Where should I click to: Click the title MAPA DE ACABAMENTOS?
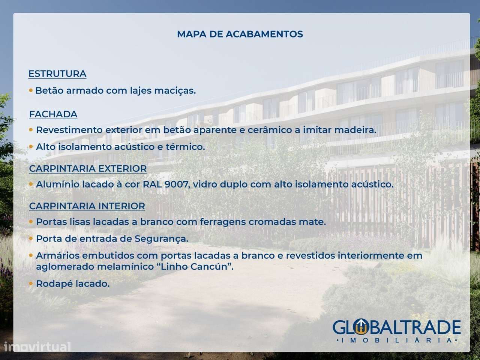pos(240,34)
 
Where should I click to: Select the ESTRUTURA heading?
pos(57,73)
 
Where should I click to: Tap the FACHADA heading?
pos(53,114)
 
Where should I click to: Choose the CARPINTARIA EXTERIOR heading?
pos(88,168)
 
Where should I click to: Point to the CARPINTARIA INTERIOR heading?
pos(87,206)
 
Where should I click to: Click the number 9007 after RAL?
pos(176,184)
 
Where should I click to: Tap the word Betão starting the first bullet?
pos(48,91)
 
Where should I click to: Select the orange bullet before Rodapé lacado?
pos(31,283)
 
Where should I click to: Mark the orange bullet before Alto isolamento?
pos(31,147)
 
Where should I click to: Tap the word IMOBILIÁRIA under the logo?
pos(397,340)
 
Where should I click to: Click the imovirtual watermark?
pos(36,347)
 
